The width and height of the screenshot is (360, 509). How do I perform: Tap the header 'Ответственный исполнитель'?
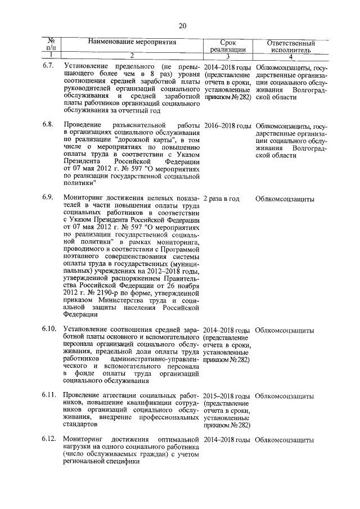(x=290, y=46)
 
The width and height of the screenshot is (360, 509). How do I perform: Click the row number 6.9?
(x=48, y=199)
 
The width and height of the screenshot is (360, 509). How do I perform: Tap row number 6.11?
(x=49, y=396)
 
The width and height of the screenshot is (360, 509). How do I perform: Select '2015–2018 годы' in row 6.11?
(x=227, y=397)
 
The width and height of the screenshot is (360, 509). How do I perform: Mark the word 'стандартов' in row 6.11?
(x=83, y=425)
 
